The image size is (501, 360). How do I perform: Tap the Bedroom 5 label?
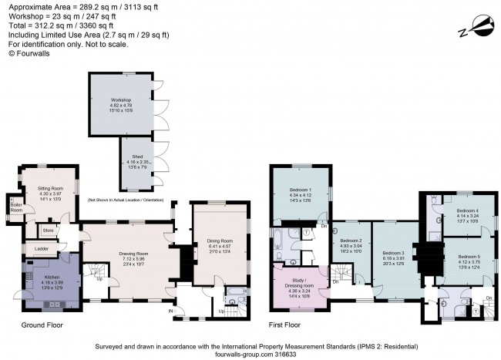click(469, 256)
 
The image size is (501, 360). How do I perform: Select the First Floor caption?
click(284, 325)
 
